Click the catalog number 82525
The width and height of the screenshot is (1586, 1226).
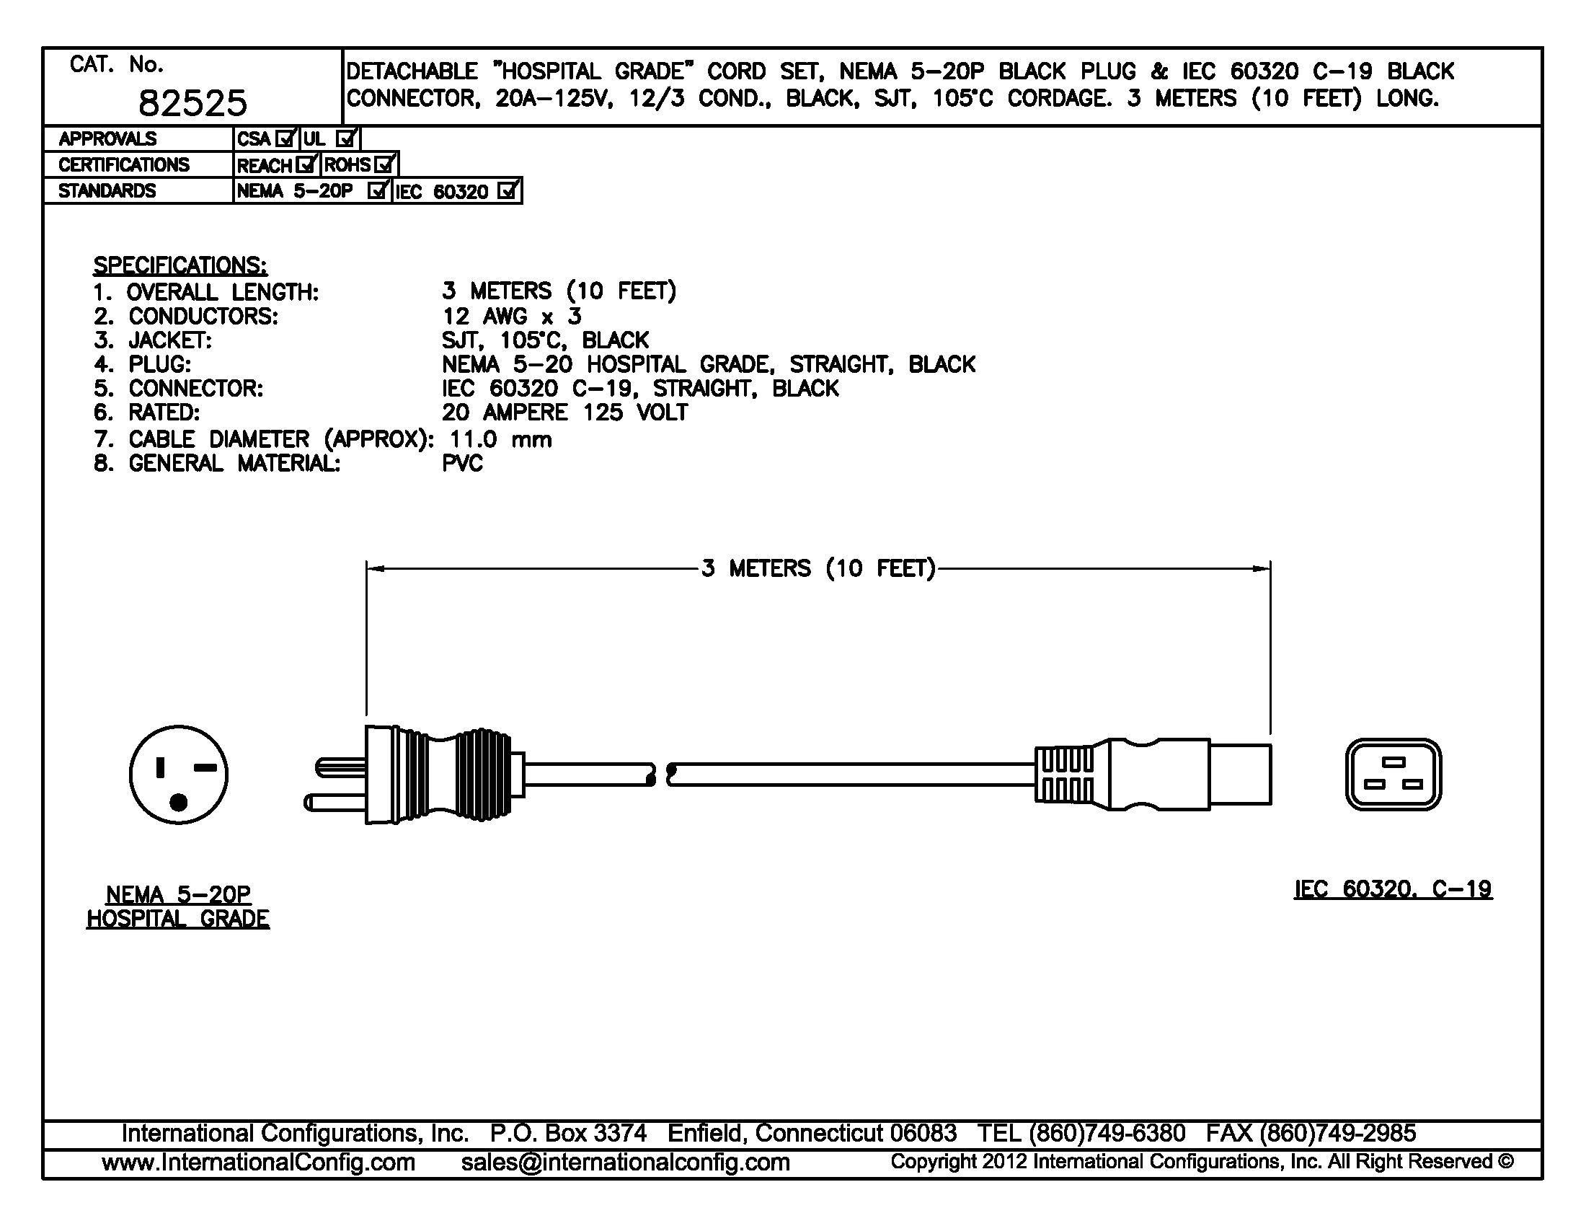click(192, 103)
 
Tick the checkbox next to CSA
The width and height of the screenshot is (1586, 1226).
click(286, 138)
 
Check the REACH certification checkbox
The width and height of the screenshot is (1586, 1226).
click(306, 165)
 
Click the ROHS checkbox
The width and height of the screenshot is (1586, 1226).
click(384, 165)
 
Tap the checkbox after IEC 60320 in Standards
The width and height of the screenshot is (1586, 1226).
click(508, 191)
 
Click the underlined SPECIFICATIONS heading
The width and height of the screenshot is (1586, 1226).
click(180, 265)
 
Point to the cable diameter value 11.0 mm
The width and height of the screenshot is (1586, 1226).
click(500, 439)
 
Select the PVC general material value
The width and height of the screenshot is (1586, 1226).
click(462, 464)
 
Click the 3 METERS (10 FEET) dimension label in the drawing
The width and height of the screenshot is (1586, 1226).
click(818, 568)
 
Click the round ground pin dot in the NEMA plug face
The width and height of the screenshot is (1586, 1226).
click(179, 803)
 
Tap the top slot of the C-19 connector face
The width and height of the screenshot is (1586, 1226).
click(1394, 762)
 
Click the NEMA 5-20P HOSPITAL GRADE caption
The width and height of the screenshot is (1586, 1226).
click(178, 907)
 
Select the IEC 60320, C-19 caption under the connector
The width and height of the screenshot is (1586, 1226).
click(1393, 889)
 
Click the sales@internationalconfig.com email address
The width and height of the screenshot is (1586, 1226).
click(625, 1162)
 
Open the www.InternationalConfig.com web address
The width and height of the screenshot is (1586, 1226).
click(259, 1162)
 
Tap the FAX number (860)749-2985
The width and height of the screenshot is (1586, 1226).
click(1337, 1133)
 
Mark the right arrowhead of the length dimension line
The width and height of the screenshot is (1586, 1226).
click(1262, 568)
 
